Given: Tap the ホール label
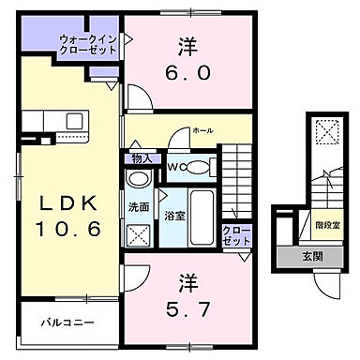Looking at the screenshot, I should click(202, 131).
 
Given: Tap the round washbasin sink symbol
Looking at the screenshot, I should click(139, 180).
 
